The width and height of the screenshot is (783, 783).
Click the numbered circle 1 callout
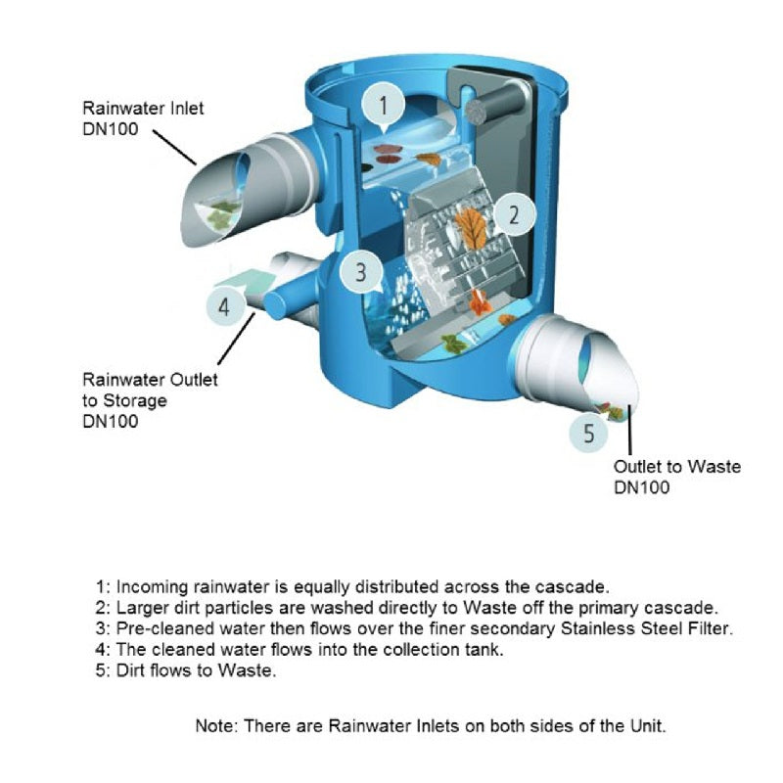click(x=385, y=104)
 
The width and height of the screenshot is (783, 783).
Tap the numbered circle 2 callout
click(x=512, y=215)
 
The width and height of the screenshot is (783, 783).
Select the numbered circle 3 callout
click(x=360, y=272)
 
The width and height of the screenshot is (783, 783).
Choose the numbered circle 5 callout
click(x=588, y=432)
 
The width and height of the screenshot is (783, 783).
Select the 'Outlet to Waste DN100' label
click(x=676, y=477)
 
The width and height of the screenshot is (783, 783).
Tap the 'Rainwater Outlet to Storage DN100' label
click(x=150, y=400)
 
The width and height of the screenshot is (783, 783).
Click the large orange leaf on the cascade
click(x=471, y=229)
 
